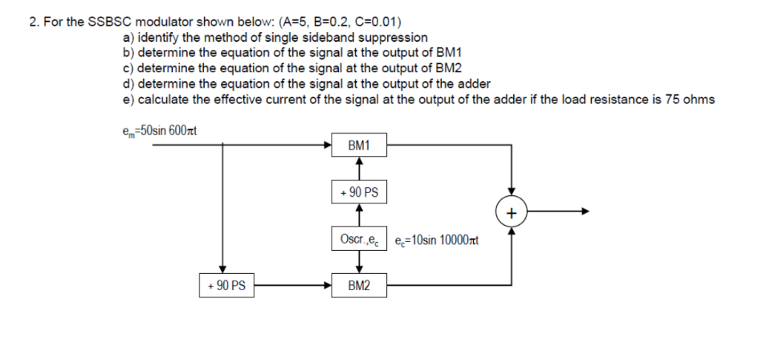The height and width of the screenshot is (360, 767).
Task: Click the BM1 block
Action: coord(359,146)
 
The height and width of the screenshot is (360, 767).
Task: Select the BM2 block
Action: coord(359,284)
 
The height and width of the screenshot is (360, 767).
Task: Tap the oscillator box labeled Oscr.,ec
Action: coord(359,238)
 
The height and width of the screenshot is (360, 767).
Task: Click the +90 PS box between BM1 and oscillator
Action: coord(359,193)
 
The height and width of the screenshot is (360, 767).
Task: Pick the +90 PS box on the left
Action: coord(226,284)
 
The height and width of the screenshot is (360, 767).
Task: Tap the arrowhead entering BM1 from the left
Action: coord(326,146)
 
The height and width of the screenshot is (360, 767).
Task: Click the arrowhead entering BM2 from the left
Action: coord(326,284)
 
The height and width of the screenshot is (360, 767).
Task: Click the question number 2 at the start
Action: coord(34,22)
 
